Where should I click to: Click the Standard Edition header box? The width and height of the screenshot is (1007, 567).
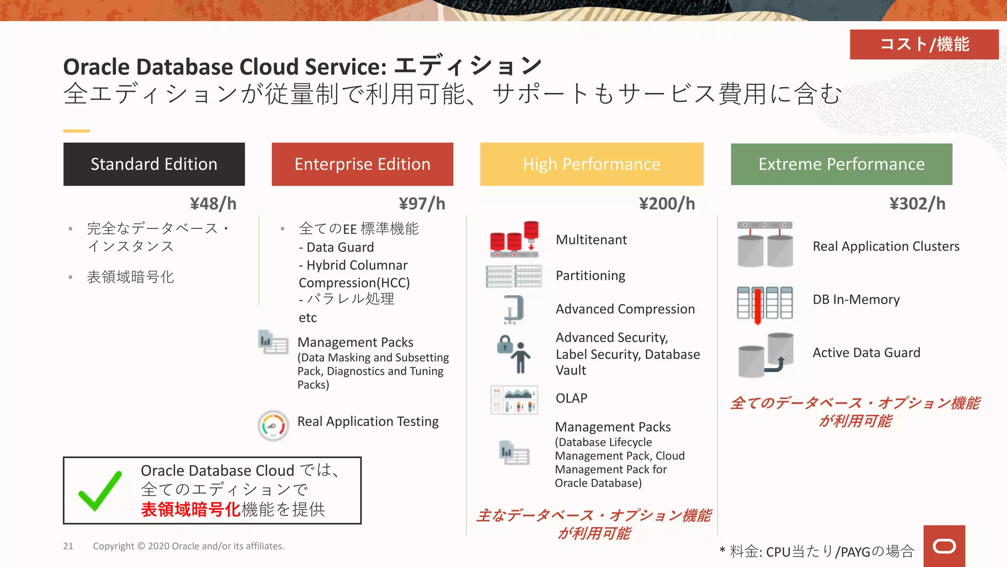click(154, 164)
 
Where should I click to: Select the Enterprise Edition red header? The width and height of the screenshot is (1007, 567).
click(362, 164)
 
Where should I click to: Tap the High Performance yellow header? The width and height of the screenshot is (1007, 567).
click(592, 164)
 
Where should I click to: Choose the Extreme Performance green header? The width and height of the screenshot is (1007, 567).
click(841, 164)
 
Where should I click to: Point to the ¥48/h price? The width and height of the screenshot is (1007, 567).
click(213, 203)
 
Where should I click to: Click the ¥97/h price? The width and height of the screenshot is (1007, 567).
click(422, 203)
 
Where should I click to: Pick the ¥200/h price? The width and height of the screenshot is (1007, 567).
click(667, 203)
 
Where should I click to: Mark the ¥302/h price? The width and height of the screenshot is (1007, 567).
click(917, 203)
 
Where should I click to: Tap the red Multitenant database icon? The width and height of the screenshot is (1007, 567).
click(514, 239)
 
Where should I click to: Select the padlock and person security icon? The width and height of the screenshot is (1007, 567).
click(514, 353)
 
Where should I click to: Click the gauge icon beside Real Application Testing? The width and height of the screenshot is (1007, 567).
click(273, 425)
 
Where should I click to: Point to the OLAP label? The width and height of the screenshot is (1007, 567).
click(571, 398)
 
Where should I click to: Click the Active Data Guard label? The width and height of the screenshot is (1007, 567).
click(866, 352)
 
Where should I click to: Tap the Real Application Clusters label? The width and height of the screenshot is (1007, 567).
click(886, 246)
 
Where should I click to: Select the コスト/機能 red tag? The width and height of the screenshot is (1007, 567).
click(924, 44)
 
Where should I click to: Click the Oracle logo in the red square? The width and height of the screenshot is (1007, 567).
click(944, 546)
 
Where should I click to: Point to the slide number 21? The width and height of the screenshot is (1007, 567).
click(68, 546)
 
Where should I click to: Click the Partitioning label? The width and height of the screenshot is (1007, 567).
click(591, 275)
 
